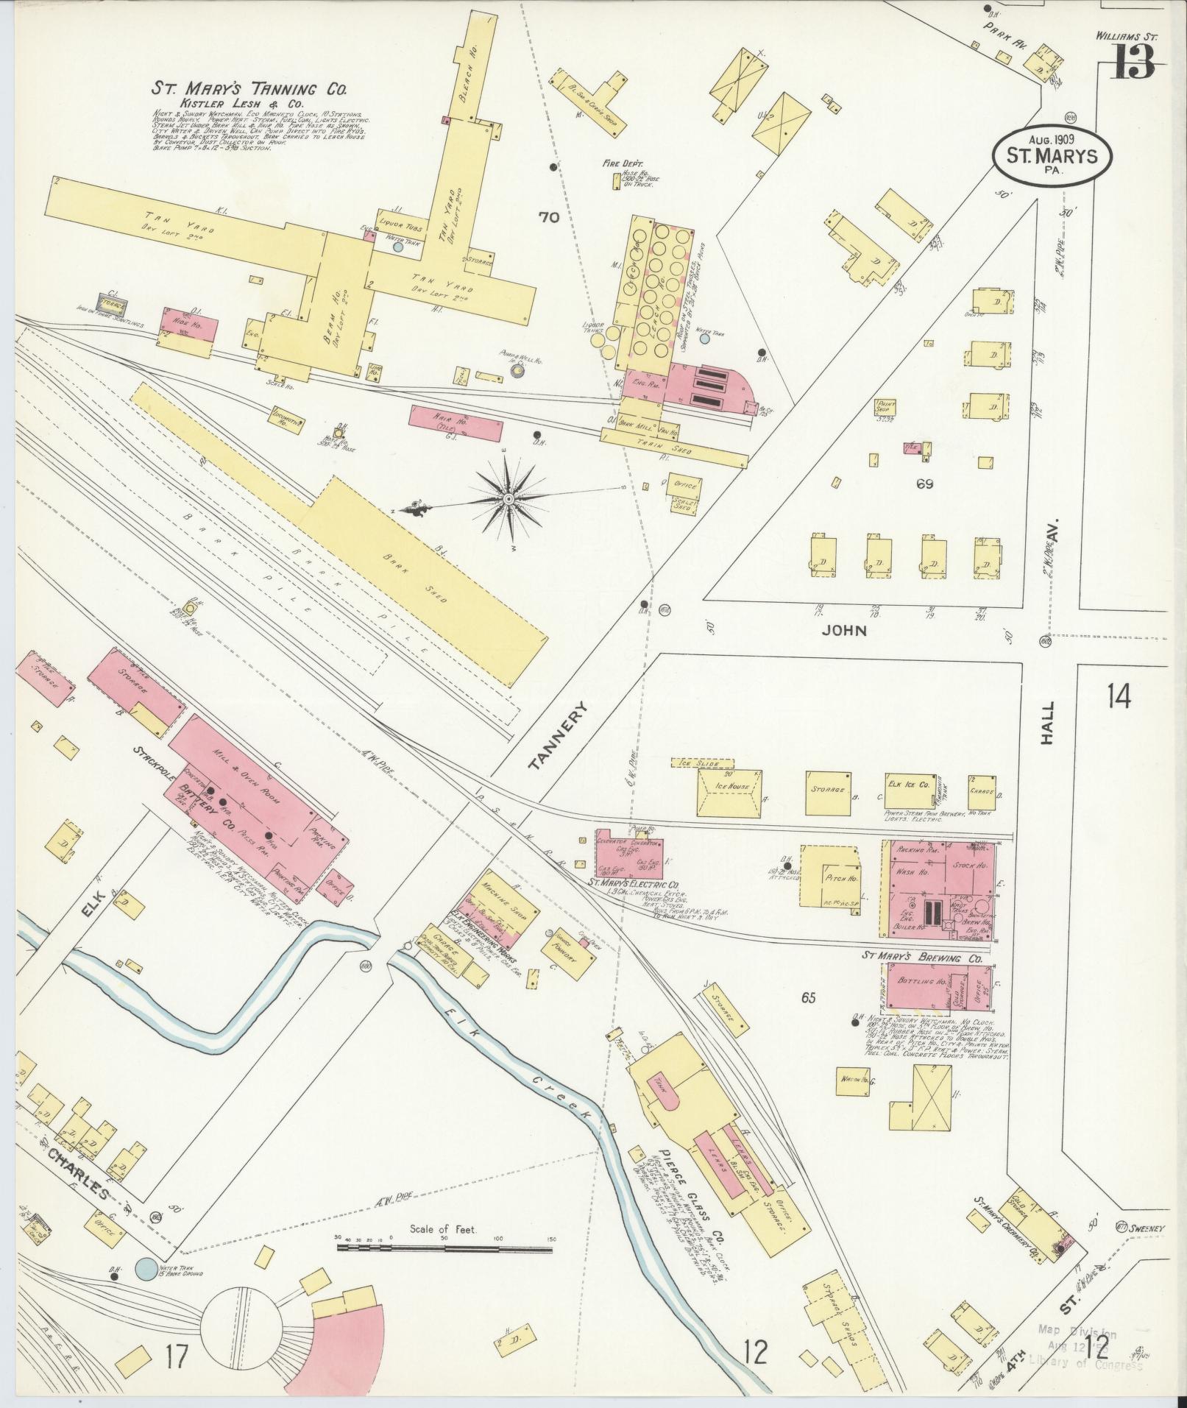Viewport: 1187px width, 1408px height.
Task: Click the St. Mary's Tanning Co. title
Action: (249, 89)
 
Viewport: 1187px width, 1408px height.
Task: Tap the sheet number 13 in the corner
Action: (1134, 62)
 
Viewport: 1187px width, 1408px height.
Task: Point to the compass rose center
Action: (508, 500)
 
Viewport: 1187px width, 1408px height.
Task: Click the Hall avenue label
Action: (1049, 724)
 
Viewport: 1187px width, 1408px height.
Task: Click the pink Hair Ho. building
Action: (453, 423)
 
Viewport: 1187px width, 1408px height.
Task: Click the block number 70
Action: (549, 217)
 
